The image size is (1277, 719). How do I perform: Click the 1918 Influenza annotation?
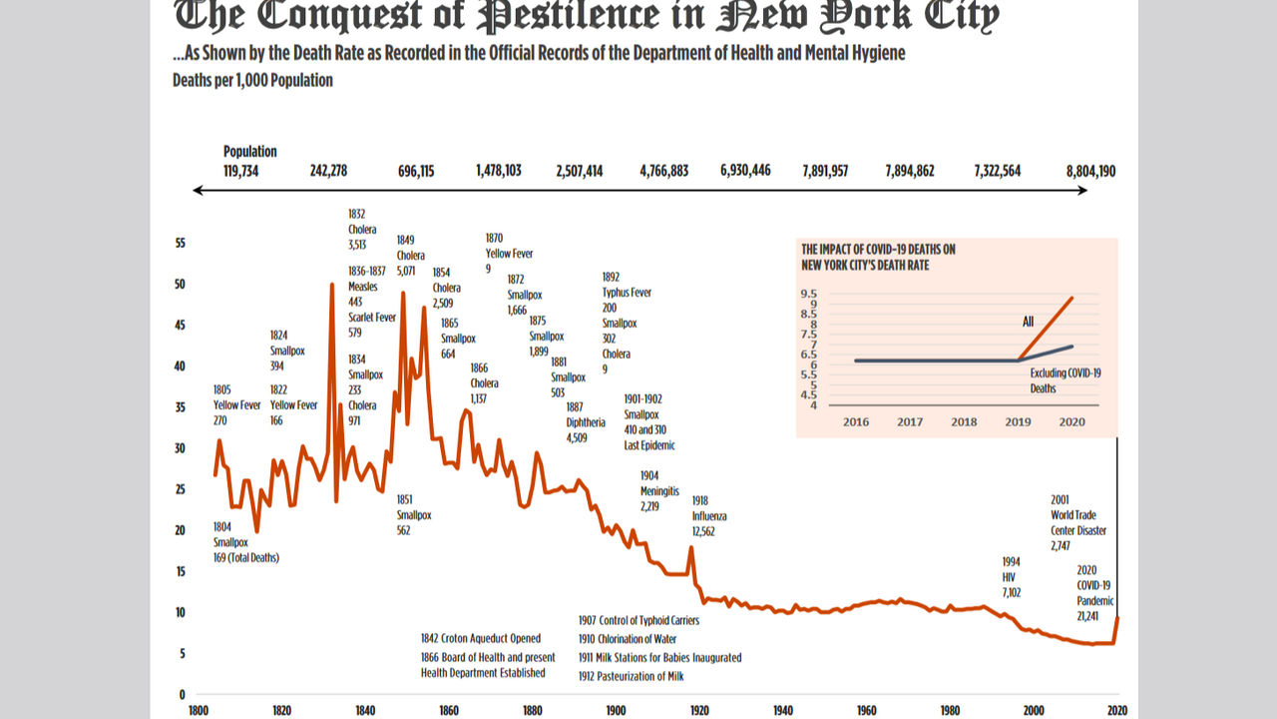click(709, 516)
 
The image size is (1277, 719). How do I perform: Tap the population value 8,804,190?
click(1090, 171)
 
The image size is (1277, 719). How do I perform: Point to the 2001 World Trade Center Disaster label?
click(1077, 523)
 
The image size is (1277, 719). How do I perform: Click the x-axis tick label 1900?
click(616, 710)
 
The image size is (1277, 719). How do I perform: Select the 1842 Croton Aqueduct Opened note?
click(481, 638)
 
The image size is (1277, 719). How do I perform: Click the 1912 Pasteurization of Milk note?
click(631, 676)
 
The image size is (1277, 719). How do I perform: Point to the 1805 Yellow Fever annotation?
click(235, 404)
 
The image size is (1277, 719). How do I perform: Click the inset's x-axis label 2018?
click(964, 421)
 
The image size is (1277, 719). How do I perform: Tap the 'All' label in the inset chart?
click(1028, 322)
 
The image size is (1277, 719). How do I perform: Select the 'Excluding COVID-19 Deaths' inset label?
click(1058, 380)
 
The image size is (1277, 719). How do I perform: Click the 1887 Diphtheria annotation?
click(586, 421)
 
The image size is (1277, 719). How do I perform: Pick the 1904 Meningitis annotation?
click(659, 491)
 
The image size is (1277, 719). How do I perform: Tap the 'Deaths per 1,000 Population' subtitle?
click(252, 80)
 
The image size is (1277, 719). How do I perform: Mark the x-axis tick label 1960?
click(866, 710)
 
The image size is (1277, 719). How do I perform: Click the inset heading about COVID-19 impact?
click(878, 257)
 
